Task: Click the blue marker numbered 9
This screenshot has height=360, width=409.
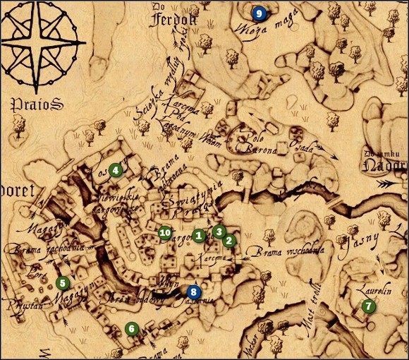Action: pyautogui.click(x=259, y=12)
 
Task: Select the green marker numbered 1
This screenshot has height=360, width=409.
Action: pyautogui.click(x=200, y=235)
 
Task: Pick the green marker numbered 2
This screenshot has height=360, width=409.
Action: pyautogui.click(x=228, y=240)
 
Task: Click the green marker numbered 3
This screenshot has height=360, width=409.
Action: pyautogui.click(x=219, y=231)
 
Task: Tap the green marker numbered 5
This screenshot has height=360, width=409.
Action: pyautogui.click(x=62, y=283)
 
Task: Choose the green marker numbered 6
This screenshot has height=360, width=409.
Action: pyautogui.click(x=130, y=328)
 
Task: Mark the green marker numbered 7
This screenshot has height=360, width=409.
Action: pyautogui.click(x=367, y=306)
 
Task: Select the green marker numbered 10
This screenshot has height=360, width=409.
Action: pyautogui.click(x=166, y=232)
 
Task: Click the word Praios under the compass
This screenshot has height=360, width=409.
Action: pyautogui.click(x=37, y=105)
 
